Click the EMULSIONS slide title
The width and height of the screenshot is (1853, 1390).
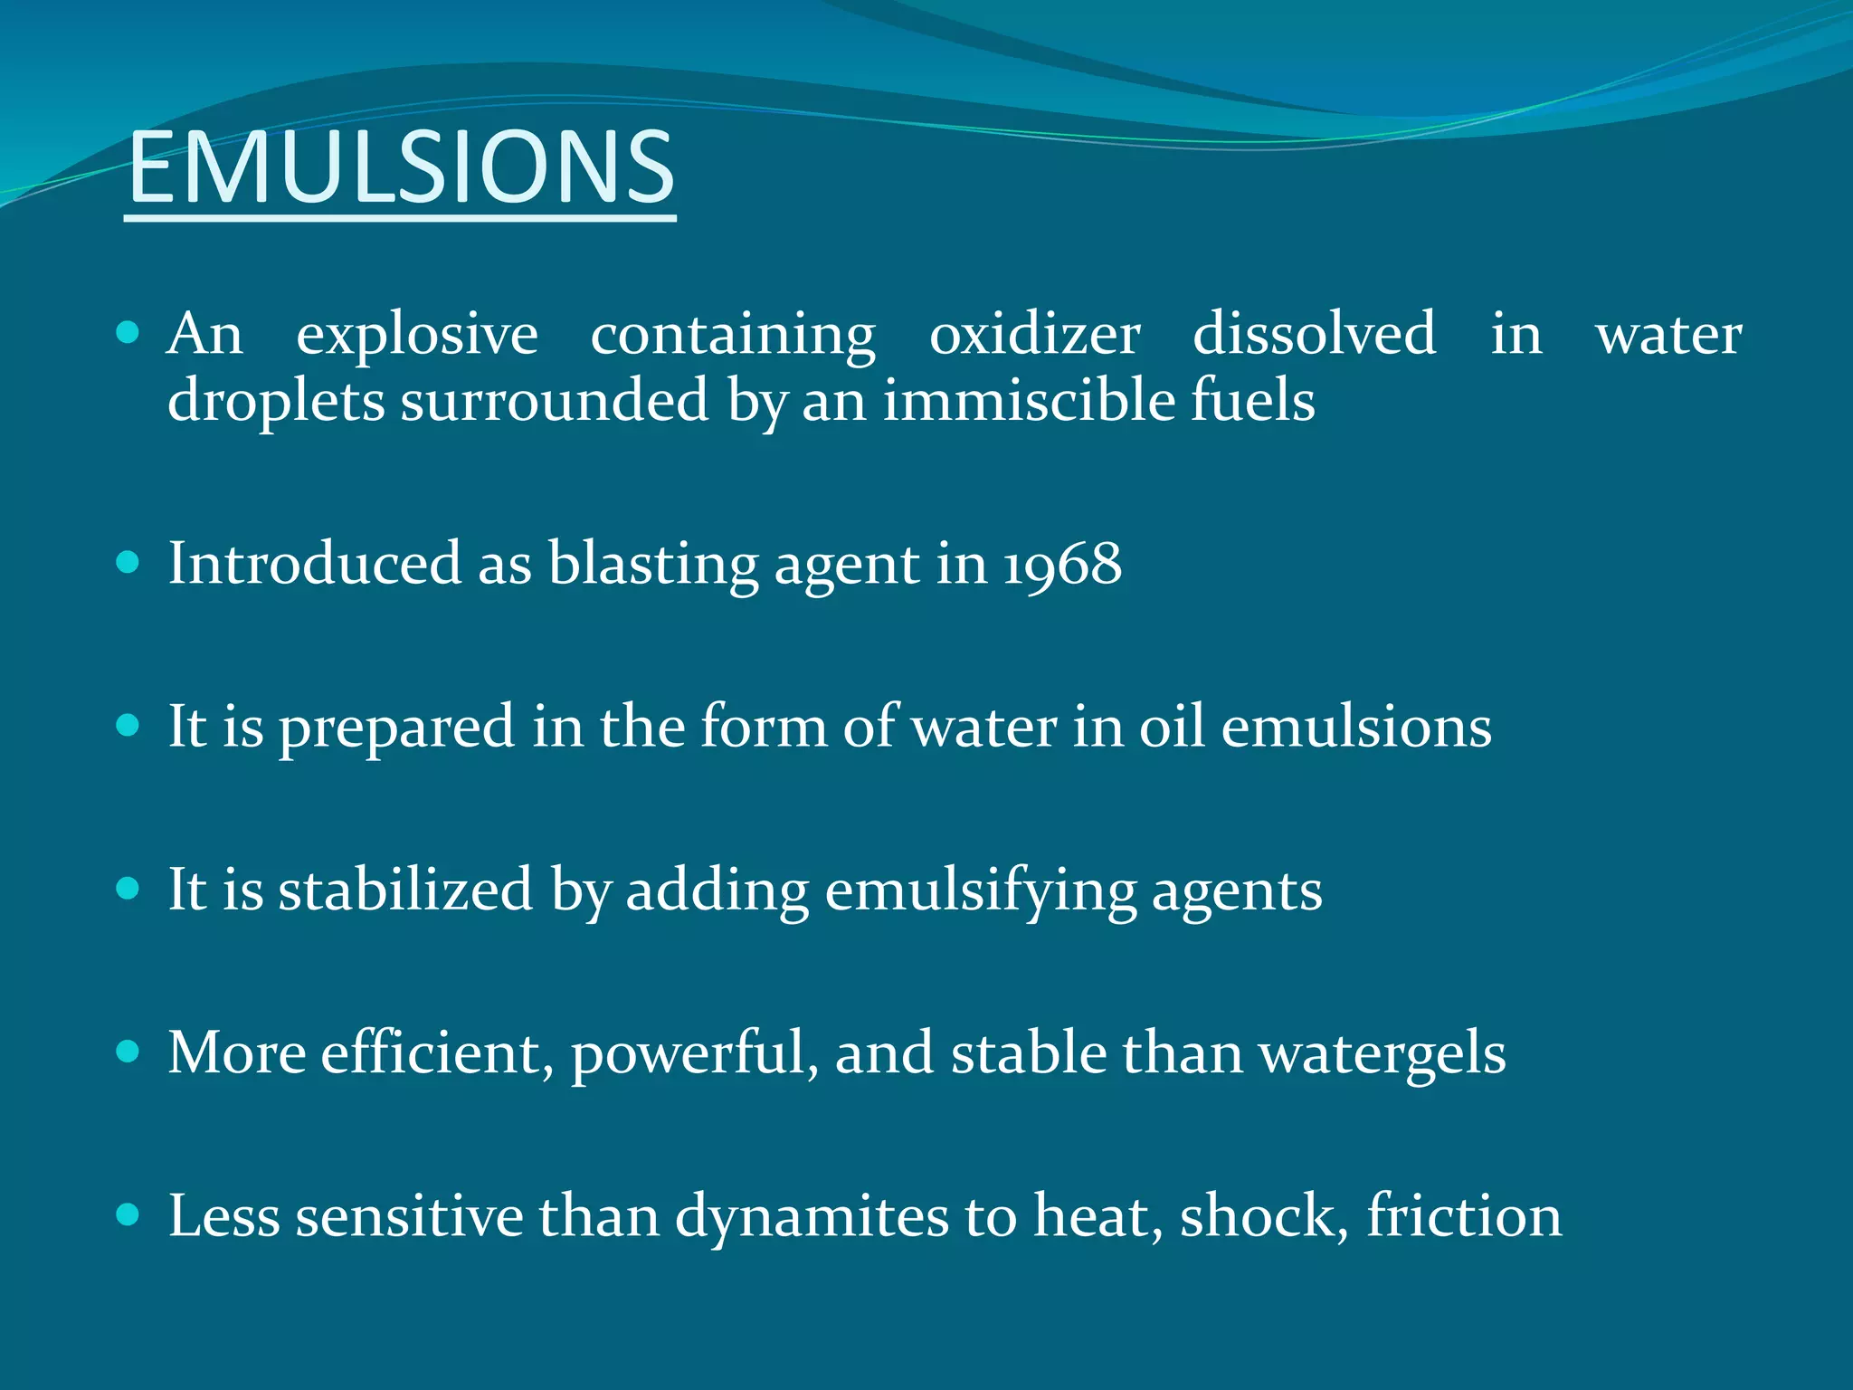coord(401,167)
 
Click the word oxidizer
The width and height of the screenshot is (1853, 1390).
coord(1034,335)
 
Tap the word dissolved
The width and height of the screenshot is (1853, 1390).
coord(1314,333)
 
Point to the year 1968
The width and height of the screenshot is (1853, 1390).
coord(1062,564)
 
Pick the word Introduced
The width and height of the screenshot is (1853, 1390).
coord(315,564)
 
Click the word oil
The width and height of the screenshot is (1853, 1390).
coord(1172,726)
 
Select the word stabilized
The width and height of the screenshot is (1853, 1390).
coord(405,889)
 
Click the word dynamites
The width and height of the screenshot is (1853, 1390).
coord(812,1216)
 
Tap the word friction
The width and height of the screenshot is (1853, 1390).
coord(1464,1215)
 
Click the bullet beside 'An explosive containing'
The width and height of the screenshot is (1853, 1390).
coord(128,333)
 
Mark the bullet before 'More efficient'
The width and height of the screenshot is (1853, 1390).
coord(128,1052)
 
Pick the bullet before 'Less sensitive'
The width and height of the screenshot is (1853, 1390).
coord(128,1214)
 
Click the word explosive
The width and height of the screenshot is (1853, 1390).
coord(417,335)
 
